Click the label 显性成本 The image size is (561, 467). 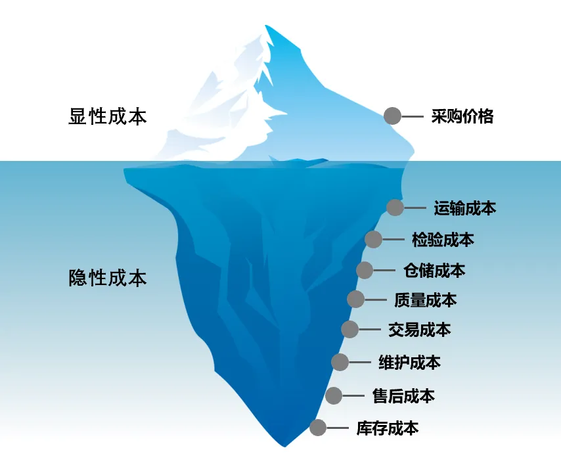coord(108,117)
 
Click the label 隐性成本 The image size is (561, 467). coord(108,277)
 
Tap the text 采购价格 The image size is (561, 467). coord(462,117)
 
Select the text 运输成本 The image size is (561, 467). coord(465,208)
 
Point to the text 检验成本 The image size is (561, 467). coord(443,240)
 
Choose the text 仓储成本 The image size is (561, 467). coord(434,270)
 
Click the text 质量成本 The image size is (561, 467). coord(426,300)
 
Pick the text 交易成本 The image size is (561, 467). coord(419,330)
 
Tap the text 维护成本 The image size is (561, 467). coord(410,362)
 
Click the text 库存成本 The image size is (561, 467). coord(388,429)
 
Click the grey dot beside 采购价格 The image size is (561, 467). coord(392,116)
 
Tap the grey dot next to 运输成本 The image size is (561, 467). coord(395,208)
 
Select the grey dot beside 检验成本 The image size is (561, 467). coord(373,239)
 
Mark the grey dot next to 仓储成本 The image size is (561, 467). coord(365,270)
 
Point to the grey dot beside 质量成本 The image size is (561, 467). coord(355,300)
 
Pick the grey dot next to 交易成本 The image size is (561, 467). coord(349,329)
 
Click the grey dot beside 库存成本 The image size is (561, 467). coord(318,428)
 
